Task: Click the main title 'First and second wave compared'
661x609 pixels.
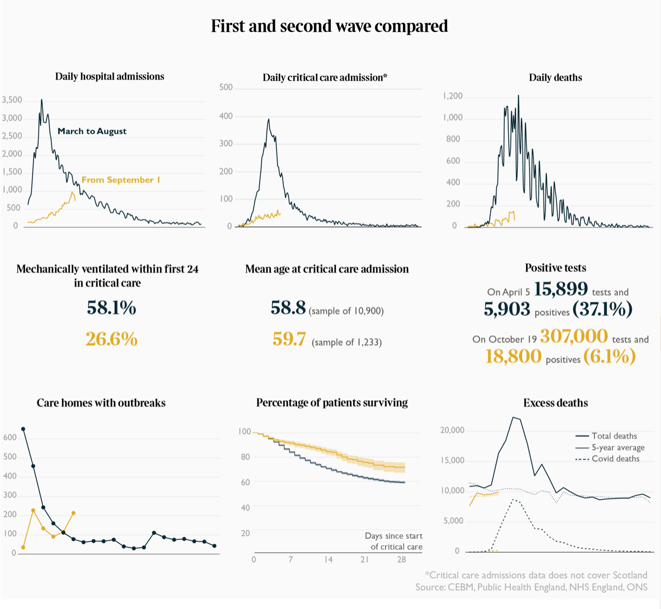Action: point(330,26)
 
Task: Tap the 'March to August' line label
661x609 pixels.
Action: point(92,131)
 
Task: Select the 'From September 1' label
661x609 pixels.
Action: point(121,180)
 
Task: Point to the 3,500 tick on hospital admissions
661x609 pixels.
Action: point(12,100)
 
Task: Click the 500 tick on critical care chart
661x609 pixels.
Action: point(226,87)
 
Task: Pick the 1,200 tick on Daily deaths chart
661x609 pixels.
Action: point(452,96)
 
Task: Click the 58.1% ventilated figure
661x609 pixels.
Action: point(111,307)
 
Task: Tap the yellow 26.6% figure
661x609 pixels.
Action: point(111,339)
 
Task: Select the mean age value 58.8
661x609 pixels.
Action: point(288,307)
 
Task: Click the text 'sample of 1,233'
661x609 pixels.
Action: point(346,342)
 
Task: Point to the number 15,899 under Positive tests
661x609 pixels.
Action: point(561,289)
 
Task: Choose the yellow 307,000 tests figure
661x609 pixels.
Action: point(574,336)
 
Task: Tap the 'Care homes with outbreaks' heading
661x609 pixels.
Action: point(101,403)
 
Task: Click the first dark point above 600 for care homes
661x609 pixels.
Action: point(23,429)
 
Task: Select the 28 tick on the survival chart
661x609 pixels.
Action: point(401,560)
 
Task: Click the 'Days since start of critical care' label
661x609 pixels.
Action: point(394,541)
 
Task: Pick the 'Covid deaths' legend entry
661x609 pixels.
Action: point(615,459)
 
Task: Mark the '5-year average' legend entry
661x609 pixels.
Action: point(617,448)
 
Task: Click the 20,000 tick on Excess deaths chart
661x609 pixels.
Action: point(452,430)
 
